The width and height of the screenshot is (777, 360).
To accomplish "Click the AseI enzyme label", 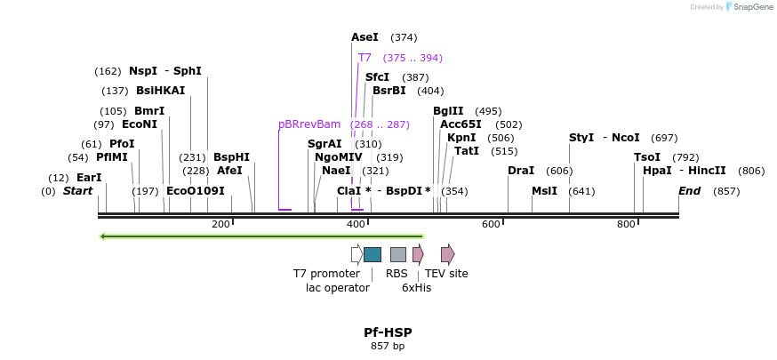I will (364, 37).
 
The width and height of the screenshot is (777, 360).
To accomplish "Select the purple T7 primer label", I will (364, 58).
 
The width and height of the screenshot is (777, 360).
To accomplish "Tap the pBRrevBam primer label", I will (309, 124).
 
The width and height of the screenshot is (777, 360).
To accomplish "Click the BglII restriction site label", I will (448, 111).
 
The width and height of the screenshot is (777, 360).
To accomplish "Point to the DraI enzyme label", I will (521, 171).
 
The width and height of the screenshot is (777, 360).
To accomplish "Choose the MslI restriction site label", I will (544, 191).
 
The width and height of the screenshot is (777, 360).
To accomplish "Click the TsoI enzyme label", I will (647, 157).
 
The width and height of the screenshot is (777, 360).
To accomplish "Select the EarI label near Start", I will (89, 178).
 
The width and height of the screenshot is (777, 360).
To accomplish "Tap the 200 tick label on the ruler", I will (220, 225).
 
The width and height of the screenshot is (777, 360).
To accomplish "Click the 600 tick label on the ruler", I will (491, 225).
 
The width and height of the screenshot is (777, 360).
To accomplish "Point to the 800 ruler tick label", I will (626, 225).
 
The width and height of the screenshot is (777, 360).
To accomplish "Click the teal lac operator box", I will (372, 254).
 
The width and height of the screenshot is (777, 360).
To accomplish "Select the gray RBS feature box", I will (398, 254).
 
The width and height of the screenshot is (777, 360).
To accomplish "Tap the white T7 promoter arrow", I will (356, 254).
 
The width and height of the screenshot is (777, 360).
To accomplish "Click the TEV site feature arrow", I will (447, 254).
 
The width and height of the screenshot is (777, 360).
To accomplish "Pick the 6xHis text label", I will (416, 287).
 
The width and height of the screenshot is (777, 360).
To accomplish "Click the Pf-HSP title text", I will (388, 332).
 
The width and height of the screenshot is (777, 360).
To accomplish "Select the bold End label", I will (689, 191).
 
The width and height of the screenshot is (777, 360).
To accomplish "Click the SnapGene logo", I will (749, 7).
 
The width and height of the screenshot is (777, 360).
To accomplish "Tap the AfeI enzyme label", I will (229, 171).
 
